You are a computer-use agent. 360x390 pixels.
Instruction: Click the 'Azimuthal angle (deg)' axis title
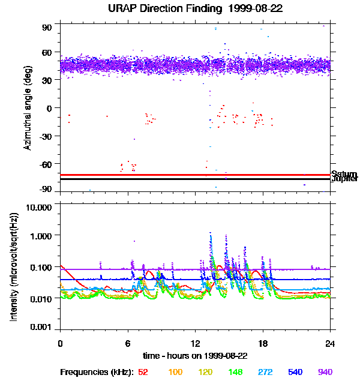(28, 109)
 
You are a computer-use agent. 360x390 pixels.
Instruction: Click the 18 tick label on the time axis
(262, 344)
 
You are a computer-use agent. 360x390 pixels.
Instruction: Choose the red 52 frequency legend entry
(143, 373)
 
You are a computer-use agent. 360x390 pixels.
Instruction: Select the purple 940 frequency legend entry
(325, 373)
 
